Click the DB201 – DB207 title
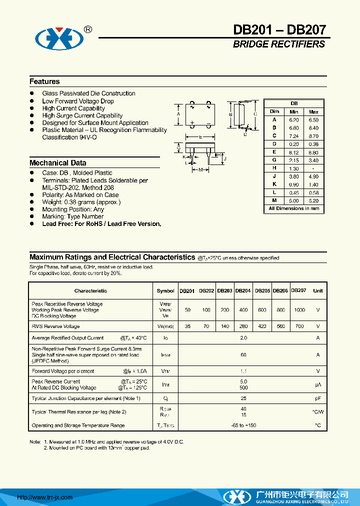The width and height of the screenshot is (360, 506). (279, 30)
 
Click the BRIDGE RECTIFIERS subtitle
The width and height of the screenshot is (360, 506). (278, 44)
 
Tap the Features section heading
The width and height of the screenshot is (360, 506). (44, 81)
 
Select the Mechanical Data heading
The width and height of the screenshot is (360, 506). (57, 163)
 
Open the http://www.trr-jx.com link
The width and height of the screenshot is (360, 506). (45, 497)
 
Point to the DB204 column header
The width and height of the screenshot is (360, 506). (243, 290)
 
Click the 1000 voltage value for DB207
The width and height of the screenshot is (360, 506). (299, 310)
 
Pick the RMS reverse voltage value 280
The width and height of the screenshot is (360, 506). (243, 326)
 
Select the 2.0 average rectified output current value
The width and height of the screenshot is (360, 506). (243, 338)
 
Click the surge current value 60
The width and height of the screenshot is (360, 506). (243, 354)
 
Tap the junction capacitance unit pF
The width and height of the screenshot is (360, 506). (317, 398)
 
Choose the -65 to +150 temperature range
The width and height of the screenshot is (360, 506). (243, 425)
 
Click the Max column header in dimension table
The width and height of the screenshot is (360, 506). (313, 112)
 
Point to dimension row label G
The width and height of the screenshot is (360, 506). (274, 160)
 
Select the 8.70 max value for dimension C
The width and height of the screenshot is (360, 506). (313, 136)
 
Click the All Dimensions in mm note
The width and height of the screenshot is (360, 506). (293, 208)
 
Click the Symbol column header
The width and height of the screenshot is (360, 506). (165, 290)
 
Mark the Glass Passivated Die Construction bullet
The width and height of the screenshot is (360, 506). (88, 93)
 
